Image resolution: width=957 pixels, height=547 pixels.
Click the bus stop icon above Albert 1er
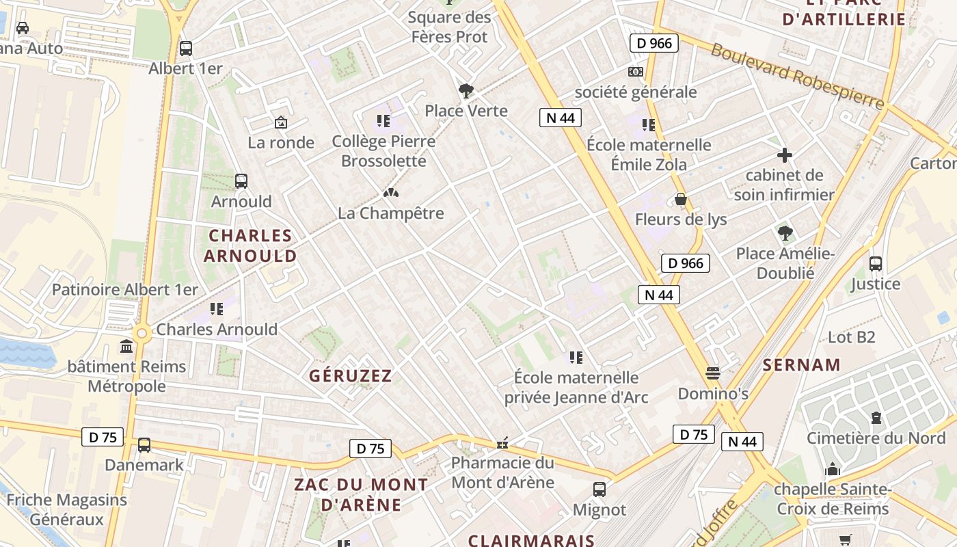[185, 49]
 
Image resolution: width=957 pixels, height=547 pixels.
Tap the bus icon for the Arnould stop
[241, 181]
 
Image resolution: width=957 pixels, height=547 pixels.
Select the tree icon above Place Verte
[466, 90]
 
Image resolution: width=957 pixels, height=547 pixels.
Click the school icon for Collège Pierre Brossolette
[383, 122]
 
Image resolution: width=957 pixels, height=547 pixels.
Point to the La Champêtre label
[390, 213]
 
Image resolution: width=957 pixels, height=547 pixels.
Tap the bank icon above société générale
[636, 72]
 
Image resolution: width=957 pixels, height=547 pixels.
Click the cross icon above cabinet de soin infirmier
[784, 155]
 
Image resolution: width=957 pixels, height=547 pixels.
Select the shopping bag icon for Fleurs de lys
[681, 200]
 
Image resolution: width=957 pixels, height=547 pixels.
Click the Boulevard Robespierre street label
[797, 76]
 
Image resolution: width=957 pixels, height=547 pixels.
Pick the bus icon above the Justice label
[875, 263]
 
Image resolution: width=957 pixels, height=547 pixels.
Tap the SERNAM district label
[801, 364]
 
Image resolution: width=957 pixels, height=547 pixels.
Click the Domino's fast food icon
[713, 373]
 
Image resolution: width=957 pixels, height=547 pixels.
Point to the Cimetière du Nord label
[876, 438]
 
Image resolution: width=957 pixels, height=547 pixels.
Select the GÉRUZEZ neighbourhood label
[351, 375]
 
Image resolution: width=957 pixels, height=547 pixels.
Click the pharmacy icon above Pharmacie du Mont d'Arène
[502, 444]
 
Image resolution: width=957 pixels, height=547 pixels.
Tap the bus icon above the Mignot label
[599, 490]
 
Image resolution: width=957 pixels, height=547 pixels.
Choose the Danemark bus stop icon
[144, 445]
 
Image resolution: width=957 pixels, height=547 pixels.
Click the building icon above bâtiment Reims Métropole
[126, 347]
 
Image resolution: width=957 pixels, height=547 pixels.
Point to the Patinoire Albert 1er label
[125, 289]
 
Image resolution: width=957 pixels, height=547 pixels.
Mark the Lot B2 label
[851, 337]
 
